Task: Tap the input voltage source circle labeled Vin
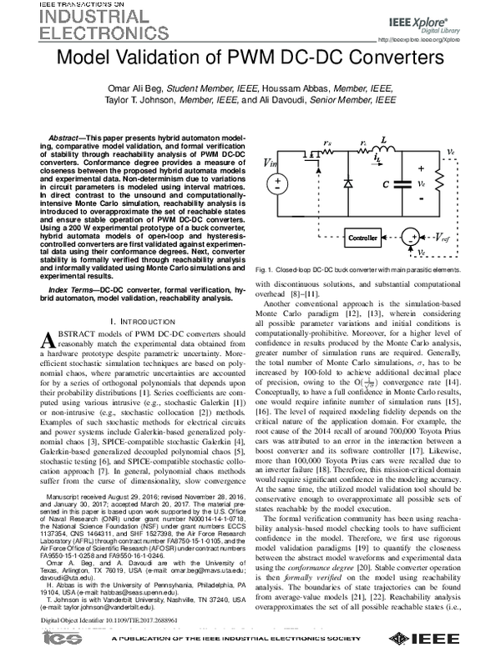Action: coord(278,185)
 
